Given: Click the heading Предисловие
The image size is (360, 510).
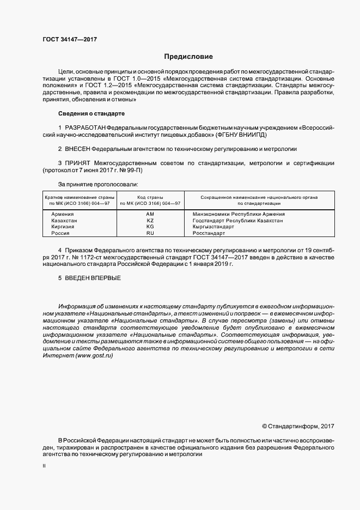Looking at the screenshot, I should (x=189, y=57).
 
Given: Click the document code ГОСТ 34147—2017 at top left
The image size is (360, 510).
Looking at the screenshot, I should (x=69, y=39).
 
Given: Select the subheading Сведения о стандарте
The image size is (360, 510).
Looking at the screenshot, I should (x=91, y=113).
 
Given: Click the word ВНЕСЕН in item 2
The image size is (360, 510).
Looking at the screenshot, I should (x=78, y=149).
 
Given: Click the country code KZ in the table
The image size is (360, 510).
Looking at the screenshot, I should (x=150, y=221).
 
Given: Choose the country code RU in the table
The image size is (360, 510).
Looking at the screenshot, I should (x=150, y=233).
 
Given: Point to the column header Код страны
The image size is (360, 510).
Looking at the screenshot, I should (x=150, y=197).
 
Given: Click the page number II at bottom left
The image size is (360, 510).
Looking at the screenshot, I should (x=44, y=466).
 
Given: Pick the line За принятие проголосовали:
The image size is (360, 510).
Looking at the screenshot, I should (x=94, y=184).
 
